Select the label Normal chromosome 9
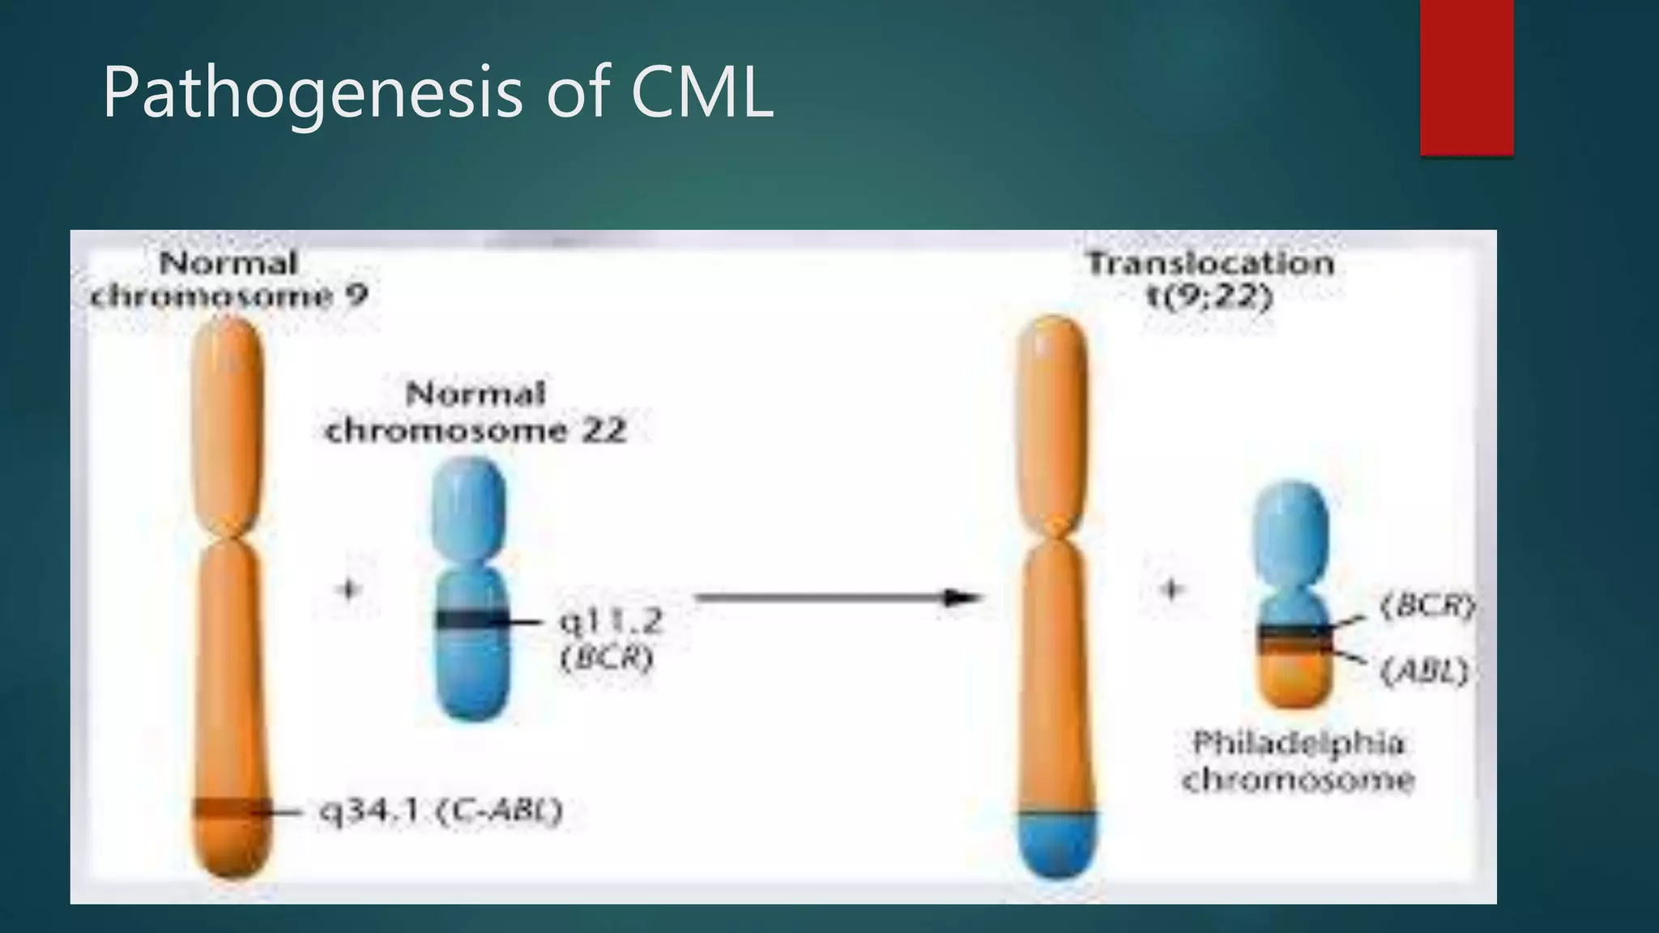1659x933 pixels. tap(229, 280)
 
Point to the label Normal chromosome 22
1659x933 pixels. tap(476, 413)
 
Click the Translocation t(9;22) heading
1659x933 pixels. tap(1210, 280)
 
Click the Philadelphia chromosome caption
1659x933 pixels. tap(1298, 762)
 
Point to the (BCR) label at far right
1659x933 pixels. tap(1427, 606)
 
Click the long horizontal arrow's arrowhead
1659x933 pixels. tap(964, 599)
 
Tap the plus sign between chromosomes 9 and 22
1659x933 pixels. tap(349, 589)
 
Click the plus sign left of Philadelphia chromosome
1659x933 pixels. tap(1171, 589)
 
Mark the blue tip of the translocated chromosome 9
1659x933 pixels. tap(1056, 846)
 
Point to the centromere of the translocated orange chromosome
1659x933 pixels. tap(1055, 535)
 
